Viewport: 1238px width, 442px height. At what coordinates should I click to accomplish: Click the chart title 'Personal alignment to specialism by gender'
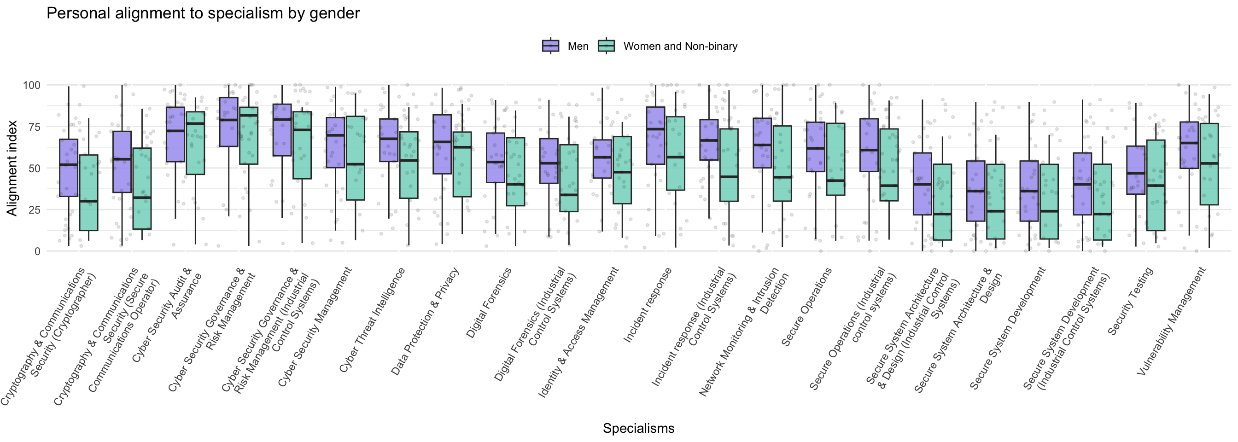[203, 13]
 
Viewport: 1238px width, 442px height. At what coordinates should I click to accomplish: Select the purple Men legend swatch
[550, 46]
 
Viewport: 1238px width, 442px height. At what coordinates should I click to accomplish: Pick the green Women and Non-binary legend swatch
[607, 46]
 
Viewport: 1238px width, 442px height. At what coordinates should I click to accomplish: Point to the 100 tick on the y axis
[32, 85]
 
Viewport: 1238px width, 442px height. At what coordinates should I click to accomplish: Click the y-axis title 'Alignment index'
[12, 168]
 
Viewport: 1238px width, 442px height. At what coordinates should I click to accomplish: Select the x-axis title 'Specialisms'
[638, 428]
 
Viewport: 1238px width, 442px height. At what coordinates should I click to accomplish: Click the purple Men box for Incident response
[655, 135]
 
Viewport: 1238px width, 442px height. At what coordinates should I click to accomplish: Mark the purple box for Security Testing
[1136, 170]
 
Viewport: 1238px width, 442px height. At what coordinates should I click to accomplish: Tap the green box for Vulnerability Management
[1209, 164]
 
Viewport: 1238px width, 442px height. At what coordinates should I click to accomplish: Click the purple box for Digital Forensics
[496, 157]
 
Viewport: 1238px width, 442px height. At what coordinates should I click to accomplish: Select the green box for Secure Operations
[836, 159]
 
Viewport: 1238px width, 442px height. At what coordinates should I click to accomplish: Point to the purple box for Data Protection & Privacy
[442, 144]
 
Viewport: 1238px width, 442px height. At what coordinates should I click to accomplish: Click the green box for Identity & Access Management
[622, 170]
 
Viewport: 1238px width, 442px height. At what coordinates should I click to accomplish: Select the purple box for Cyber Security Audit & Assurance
[175, 134]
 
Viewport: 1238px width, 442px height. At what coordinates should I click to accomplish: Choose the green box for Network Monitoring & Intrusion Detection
[782, 163]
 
